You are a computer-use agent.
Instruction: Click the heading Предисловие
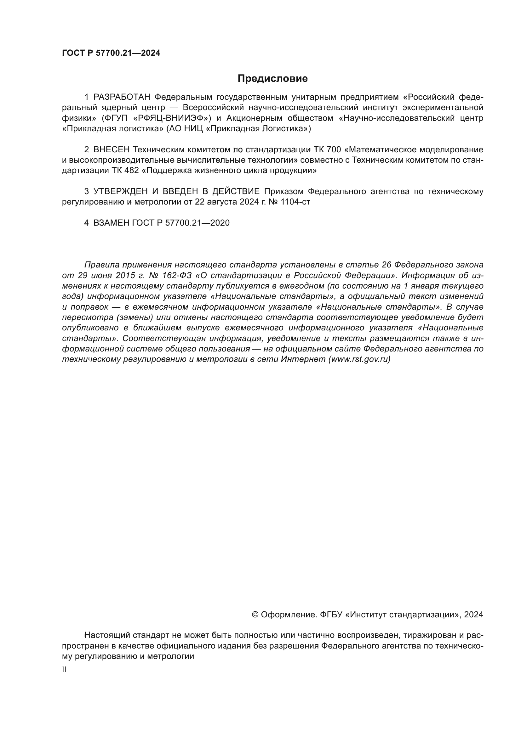click(272, 79)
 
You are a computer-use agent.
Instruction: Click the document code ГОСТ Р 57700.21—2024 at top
click(111, 53)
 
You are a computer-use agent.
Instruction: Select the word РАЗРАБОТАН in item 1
click(122, 97)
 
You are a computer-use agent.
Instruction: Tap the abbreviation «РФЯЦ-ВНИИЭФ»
click(170, 118)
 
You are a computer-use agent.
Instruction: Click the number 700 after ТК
click(335, 150)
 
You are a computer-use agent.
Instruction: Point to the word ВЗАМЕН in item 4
click(111, 223)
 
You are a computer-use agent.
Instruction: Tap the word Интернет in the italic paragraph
click(303, 359)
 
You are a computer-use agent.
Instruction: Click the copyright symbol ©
click(255, 615)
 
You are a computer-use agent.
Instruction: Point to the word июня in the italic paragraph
click(99, 276)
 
